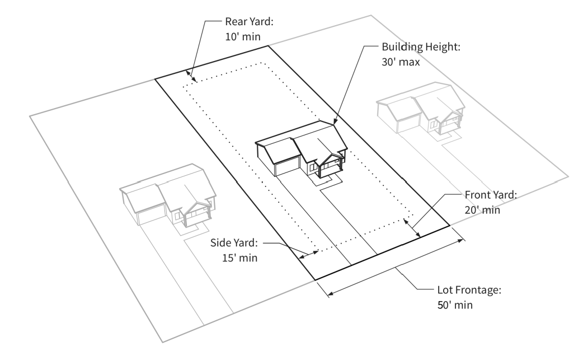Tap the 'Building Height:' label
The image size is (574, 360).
(x=421, y=48)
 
